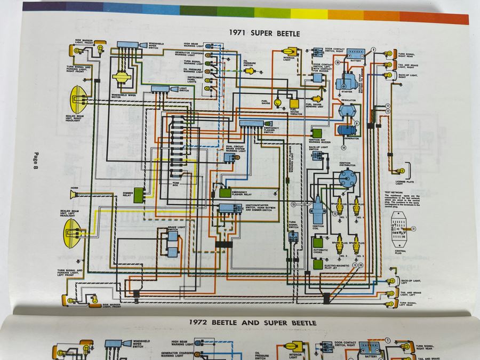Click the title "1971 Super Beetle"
264,34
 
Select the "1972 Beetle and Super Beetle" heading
253,323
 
